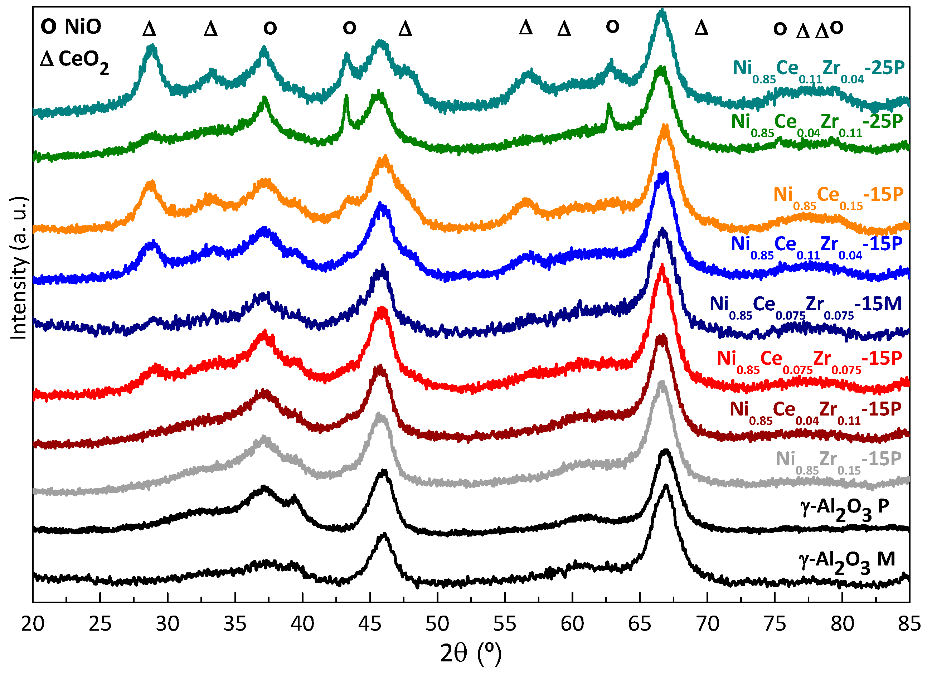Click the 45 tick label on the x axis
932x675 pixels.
coord(370,624)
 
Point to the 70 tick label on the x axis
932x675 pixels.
coord(707,624)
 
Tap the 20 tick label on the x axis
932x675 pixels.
coord(33,624)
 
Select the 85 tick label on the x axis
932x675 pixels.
coord(909,624)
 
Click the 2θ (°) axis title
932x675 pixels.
coord(471,653)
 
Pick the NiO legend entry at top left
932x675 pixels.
coord(71,27)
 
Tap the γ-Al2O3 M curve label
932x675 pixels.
coord(846,562)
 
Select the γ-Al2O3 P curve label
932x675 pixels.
coord(844,509)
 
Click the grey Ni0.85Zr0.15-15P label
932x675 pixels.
coord(838,461)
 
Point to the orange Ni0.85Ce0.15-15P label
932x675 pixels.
coord(838,196)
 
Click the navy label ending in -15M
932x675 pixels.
coord(805,306)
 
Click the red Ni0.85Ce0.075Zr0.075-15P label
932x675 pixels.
coord(810,360)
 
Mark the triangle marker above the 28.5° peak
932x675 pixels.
coord(149,29)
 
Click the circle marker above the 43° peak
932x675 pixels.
coord(349,28)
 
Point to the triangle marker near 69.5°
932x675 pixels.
coord(701,28)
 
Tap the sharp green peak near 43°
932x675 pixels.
coord(346,97)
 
